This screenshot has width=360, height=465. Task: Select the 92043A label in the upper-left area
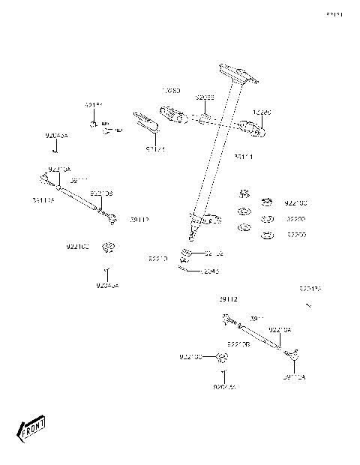56,136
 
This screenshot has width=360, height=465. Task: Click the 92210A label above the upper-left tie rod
59,169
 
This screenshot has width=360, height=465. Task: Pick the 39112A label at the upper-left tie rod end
43,200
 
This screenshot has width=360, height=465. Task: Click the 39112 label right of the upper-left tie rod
139,220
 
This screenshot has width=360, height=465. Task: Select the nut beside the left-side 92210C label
109,246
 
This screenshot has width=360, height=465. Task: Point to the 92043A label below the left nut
107,286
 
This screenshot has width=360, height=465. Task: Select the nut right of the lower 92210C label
221,357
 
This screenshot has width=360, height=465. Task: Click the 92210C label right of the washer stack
295,203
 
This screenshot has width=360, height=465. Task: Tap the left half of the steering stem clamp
172,113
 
